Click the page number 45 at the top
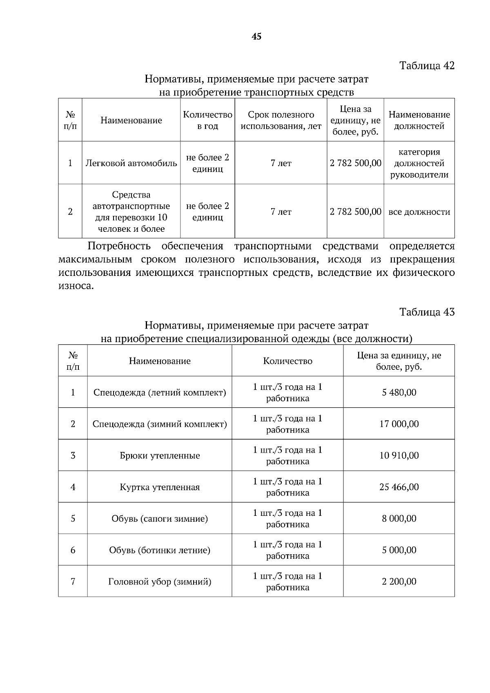(x=256, y=37)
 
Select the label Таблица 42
(x=427, y=66)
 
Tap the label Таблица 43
(x=427, y=312)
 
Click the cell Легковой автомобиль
(x=131, y=163)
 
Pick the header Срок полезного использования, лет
(x=281, y=120)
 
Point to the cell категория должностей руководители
(x=419, y=163)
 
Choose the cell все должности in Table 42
(x=419, y=212)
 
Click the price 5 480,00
(x=399, y=393)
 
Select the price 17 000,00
(x=399, y=424)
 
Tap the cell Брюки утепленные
(x=160, y=455)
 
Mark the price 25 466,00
(x=399, y=487)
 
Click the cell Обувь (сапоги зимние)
(x=160, y=519)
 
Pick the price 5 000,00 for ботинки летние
(x=399, y=550)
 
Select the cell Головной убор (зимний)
(x=160, y=582)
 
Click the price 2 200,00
(x=399, y=582)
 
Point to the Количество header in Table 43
(x=287, y=361)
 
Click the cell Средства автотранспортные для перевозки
(x=131, y=212)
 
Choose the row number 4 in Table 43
(x=73, y=487)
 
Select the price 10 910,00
(x=399, y=455)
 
